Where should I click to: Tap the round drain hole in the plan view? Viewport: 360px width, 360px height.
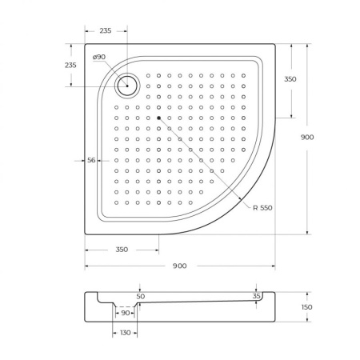click(x=126, y=83)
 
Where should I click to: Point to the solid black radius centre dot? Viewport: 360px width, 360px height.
click(x=159, y=118)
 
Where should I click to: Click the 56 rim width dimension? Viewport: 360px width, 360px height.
click(x=91, y=160)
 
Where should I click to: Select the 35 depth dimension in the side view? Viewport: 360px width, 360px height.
click(x=256, y=296)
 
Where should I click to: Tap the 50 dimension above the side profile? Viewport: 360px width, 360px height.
click(x=140, y=296)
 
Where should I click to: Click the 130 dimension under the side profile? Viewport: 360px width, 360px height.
click(x=125, y=332)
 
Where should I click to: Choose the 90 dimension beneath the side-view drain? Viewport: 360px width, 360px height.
click(x=125, y=313)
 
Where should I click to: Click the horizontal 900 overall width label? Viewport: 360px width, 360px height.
click(x=179, y=266)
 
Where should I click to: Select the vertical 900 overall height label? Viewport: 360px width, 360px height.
click(x=307, y=137)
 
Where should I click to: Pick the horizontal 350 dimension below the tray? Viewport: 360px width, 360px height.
click(x=121, y=250)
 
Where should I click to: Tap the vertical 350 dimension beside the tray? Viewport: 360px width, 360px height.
click(x=290, y=79)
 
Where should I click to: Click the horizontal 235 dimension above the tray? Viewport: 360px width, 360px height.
click(x=105, y=30)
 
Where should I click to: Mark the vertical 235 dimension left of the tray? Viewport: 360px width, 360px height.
click(x=70, y=65)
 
